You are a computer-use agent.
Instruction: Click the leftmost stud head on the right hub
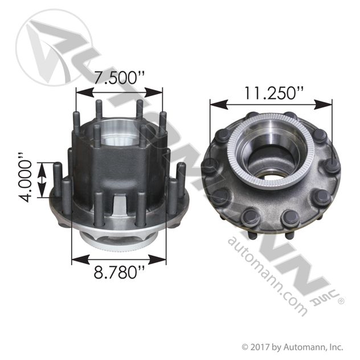(x=210, y=166)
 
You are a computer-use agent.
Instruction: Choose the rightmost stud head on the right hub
(x=333, y=166)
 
